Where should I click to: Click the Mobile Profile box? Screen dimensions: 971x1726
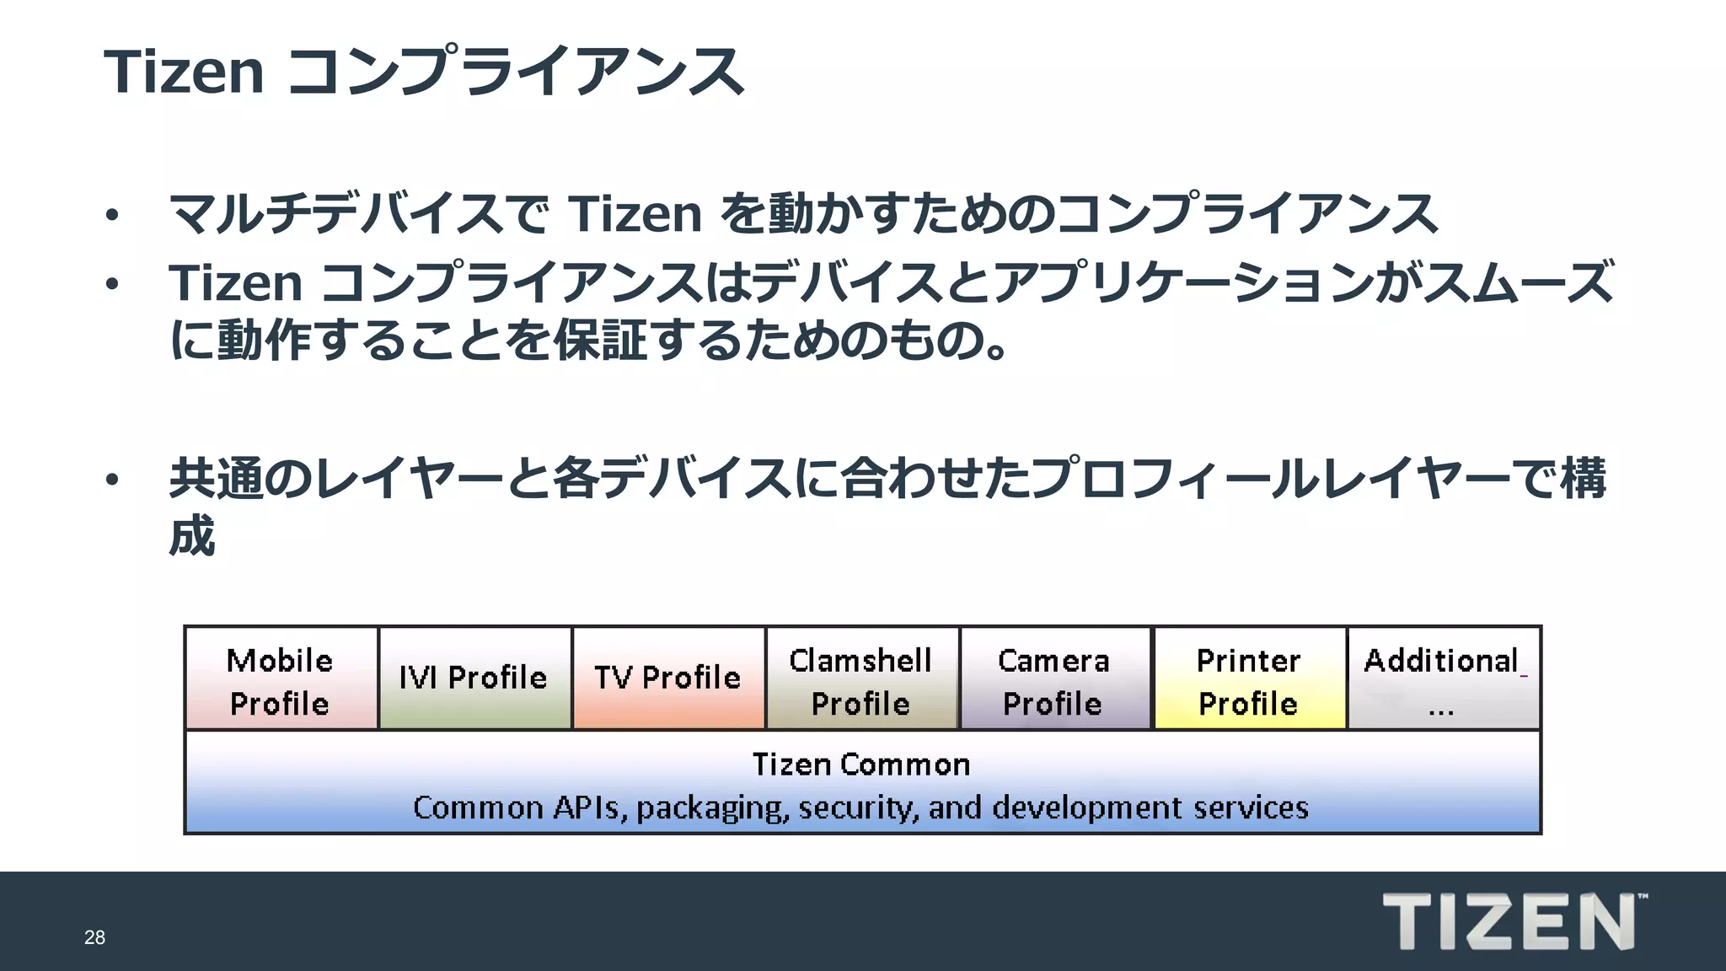(x=281, y=679)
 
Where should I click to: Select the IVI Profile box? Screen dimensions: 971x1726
(x=474, y=679)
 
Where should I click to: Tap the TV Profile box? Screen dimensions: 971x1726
(x=668, y=679)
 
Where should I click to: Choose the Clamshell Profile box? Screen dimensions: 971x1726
(x=861, y=679)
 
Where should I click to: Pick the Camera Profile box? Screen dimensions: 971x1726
(x=1054, y=679)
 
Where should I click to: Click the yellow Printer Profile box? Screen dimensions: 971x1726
(x=1249, y=679)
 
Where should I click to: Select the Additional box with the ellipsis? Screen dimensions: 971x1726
(x=1443, y=679)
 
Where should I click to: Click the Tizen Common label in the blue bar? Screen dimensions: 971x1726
(x=861, y=764)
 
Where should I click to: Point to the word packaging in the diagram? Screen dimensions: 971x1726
(x=712, y=808)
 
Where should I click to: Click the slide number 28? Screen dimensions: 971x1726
(x=94, y=937)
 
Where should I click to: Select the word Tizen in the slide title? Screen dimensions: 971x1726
(x=184, y=72)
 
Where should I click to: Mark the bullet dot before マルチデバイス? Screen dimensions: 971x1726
(x=112, y=216)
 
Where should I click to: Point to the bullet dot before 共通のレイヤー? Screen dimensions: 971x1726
(x=112, y=480)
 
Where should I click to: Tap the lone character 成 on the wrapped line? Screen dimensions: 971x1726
(x=192, y=536)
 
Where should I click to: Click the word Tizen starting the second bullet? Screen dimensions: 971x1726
(x=235, y=282)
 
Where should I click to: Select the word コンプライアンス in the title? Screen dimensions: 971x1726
(x=515, y=72)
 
